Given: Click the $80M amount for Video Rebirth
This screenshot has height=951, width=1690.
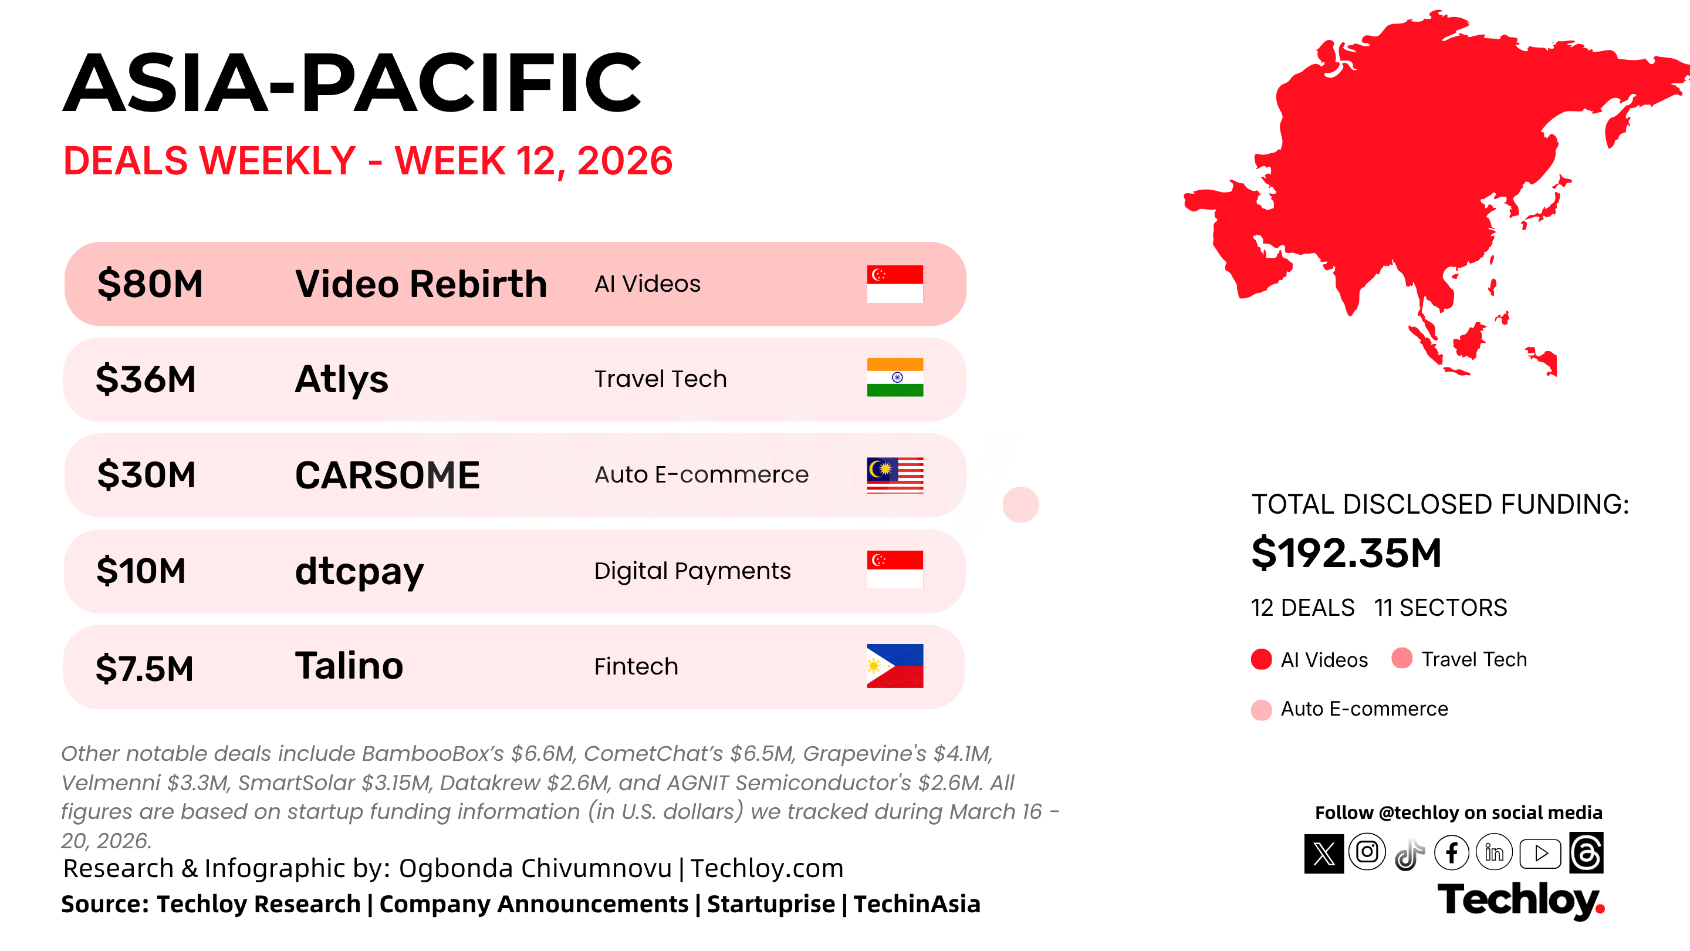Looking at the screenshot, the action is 150,284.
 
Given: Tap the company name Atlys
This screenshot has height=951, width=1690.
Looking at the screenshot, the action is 341,379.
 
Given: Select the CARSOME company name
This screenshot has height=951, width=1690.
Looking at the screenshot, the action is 387,475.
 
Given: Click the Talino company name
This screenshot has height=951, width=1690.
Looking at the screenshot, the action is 349,666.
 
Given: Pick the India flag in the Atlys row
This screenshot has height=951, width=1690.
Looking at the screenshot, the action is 895,377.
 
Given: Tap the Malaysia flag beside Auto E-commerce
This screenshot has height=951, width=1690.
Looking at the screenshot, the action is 895,474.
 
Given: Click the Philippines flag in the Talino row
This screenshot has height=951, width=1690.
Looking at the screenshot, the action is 895,666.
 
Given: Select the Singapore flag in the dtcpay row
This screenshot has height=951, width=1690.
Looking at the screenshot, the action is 895,569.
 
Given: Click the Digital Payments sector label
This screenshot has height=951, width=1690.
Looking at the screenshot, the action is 692,571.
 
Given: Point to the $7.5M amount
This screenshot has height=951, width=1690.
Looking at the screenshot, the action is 144,669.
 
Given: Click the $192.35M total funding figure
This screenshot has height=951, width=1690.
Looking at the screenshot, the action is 1346,552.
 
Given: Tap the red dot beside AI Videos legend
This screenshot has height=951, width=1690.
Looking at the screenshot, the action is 1261,659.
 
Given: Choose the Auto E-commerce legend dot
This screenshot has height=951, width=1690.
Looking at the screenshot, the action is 1261,710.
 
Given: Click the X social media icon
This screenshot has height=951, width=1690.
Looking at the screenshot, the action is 1324,853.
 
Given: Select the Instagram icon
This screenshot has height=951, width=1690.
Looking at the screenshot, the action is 1367,852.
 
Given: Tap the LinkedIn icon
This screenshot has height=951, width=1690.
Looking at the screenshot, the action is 1494,852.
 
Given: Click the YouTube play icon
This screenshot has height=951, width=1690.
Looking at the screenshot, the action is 1540,853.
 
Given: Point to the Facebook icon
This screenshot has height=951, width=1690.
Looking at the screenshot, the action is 1451,852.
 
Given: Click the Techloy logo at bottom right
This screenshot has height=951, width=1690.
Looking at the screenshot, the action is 1521,901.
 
